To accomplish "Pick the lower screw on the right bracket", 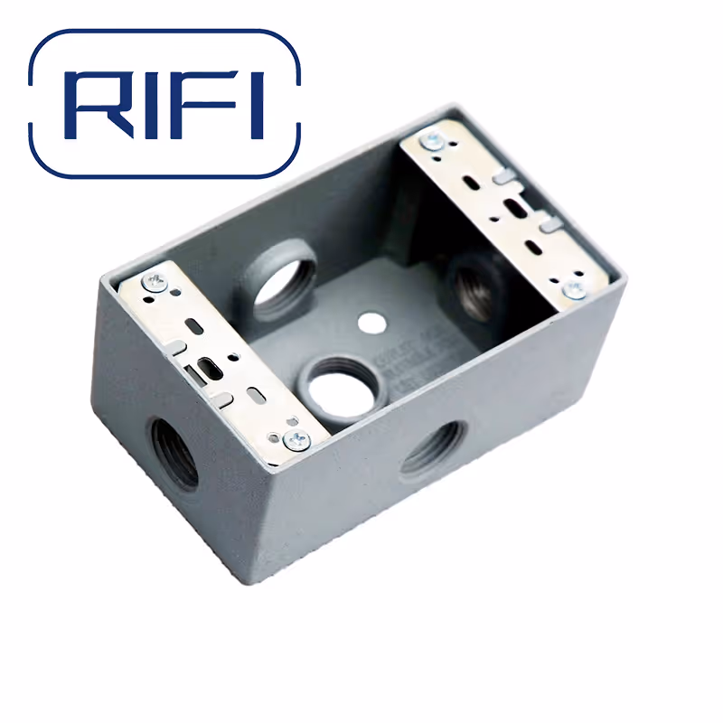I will tap(573, 288).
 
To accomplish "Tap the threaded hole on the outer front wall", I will tap(432, 450).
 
